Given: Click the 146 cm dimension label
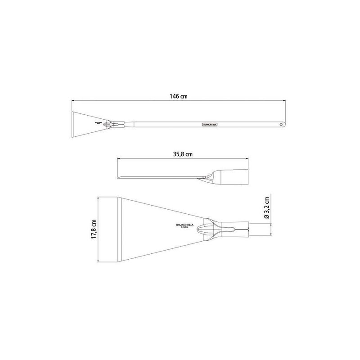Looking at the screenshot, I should [x=179, y=96].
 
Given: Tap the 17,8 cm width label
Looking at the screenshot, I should [x=94, y=229].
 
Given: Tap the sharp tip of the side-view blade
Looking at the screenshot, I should [x=118, y=177].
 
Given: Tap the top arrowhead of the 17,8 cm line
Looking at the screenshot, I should [x=99, y=197].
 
